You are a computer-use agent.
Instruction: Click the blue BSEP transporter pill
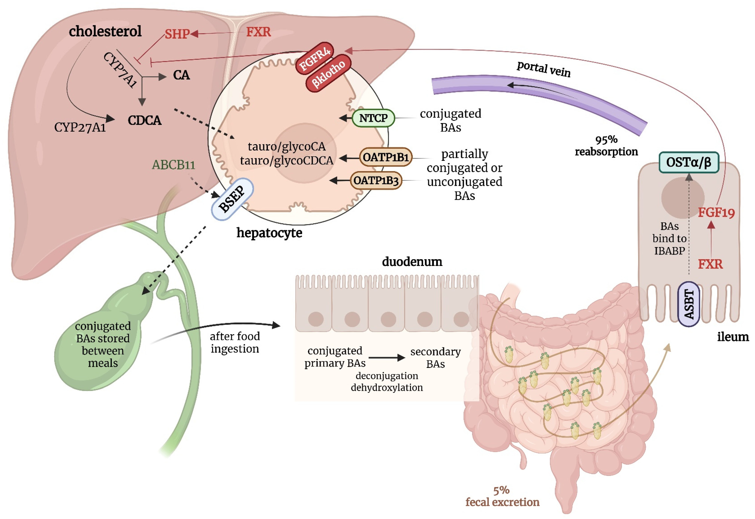[x=232, y=199]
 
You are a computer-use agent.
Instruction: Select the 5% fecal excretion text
[x=502, y=496]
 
